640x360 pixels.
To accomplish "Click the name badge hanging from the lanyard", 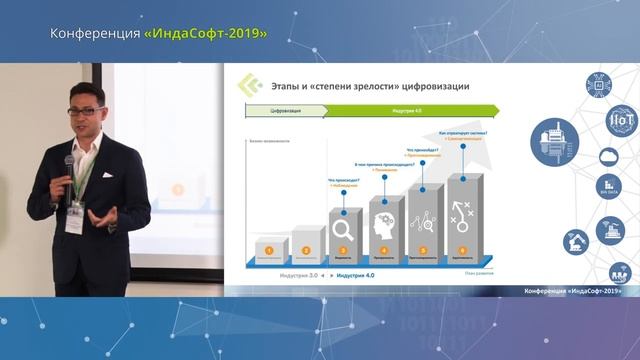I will tap(74, 221).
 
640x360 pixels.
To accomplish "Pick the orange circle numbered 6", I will tap(462, 250).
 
